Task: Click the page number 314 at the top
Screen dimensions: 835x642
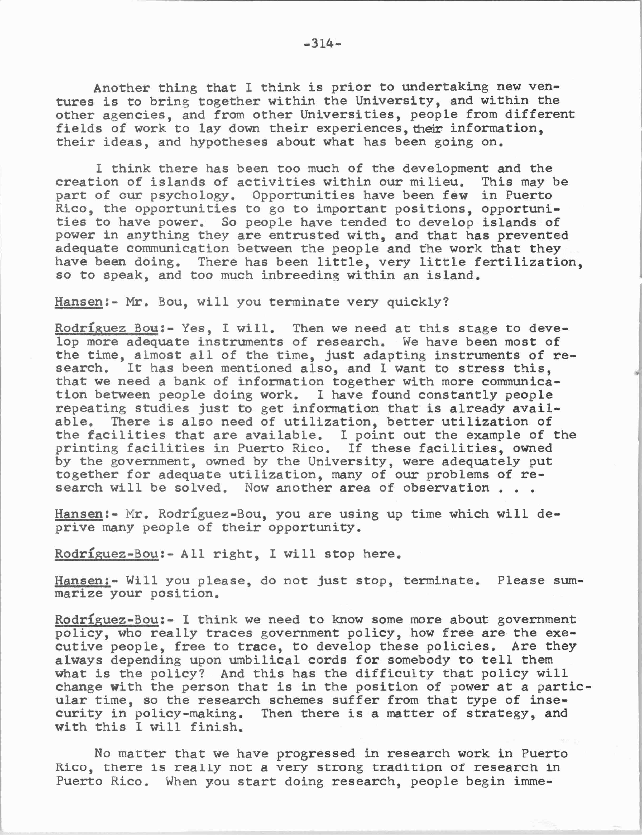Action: click(322, 44)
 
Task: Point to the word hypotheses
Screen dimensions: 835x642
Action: click(229, 142)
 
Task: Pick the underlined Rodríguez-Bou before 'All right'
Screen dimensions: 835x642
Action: click(106, 554)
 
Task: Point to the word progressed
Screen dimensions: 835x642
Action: click(316, 753)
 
